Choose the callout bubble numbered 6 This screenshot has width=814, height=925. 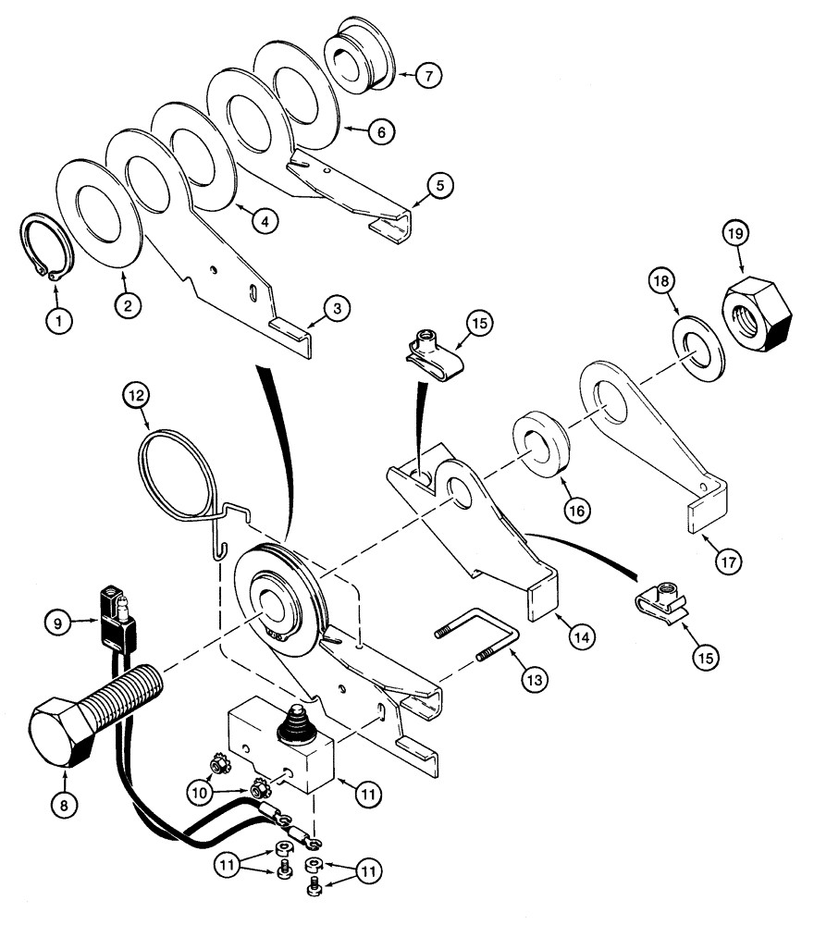pyautogui.click(x=377, y=131)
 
